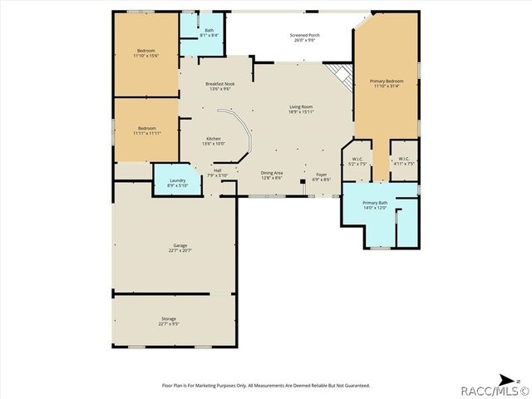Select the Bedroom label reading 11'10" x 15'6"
pyautogui.click(x=145, y=53)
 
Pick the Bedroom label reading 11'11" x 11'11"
pyautogui.click(x=145, y=130)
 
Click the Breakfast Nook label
pyautogui.click(x=219, y=86)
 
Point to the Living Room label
pyautogui.click(x=300, y=109)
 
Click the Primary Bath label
pyautogui.click(x=376, y=204)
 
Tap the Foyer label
pyautogui.click(x=321, y=176)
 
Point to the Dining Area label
pyautogui.click(x=272, y=175)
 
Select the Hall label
pyautogui.click(x=217, y=172)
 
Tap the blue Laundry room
pyautogui.click(x=177, y=181)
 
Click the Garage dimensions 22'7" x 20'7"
pyautogui.click(x=180, y=249)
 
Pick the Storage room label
pyautogui.click(x=169, y=320)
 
